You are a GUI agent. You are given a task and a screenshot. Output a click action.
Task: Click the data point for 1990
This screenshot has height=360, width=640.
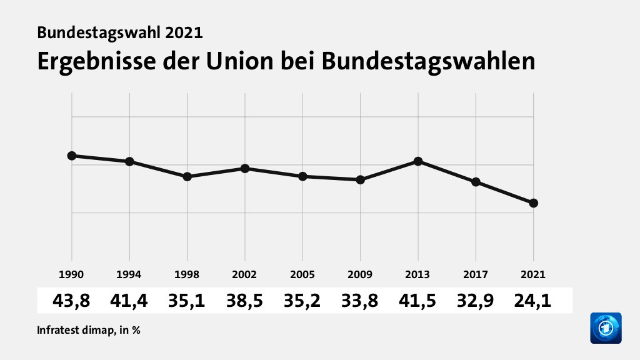[72, 156]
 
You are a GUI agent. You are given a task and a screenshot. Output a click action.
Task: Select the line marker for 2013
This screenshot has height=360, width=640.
[418, 161]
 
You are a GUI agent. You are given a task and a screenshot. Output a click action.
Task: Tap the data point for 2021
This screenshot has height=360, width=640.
[533, 203]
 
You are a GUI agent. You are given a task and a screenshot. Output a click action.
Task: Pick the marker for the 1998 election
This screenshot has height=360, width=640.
[187, 177]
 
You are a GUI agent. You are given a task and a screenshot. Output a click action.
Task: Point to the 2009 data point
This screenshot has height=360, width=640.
[361, 180]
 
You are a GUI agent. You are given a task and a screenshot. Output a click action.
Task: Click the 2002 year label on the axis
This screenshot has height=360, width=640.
[245, 274]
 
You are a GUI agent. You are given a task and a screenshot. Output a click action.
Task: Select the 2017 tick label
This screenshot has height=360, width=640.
[476, 274]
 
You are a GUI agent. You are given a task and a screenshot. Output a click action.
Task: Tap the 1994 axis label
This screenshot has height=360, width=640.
[129, 274]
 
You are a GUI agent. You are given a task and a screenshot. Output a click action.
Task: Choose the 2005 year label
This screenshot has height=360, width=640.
[302, 274]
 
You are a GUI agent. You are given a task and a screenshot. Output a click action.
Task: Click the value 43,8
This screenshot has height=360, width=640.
[72, 301]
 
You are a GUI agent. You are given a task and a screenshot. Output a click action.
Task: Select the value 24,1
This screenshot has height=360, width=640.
[533, 301]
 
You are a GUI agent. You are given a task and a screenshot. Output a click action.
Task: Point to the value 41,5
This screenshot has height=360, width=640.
[418, 301]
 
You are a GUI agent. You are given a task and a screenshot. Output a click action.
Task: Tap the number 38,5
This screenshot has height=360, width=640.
[245, 301]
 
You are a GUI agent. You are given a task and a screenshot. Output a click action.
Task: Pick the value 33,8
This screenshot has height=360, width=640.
[361, 301]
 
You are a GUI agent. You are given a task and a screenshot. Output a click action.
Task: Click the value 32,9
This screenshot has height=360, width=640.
[476, 301]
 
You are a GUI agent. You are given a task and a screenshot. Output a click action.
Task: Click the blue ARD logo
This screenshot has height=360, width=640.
[606, 328]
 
